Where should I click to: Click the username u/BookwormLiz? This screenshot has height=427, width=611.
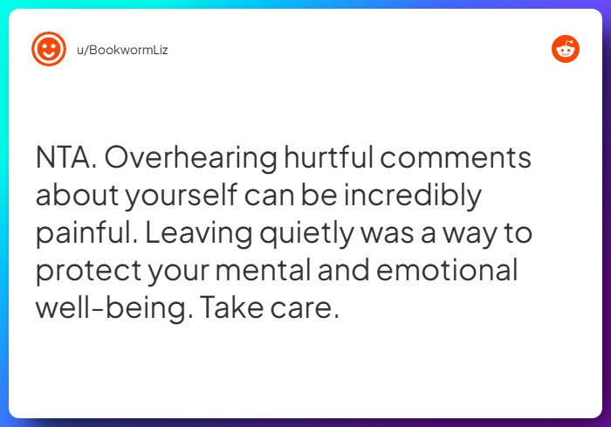pyautogui.click(x=122, y=50)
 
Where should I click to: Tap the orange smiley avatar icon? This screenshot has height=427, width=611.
pyautogui.click(x=49, y=49)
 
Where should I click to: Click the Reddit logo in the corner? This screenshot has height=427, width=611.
pyautogui.click(x=566, y=49)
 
